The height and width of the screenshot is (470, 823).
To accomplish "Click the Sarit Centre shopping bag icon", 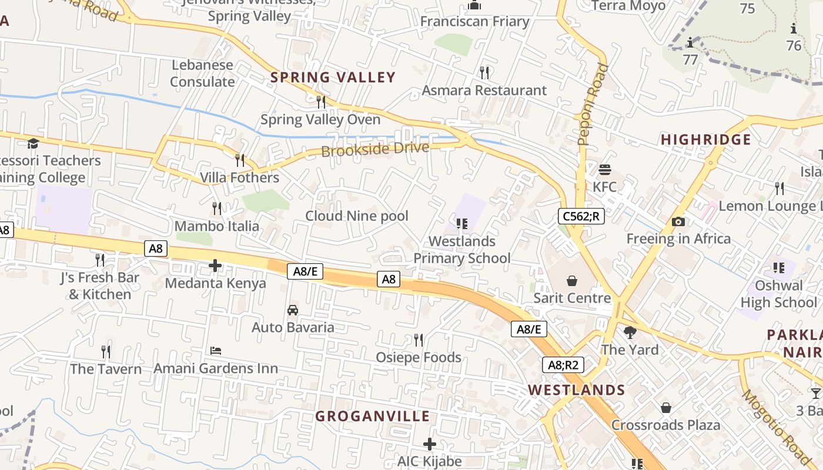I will [571, 281].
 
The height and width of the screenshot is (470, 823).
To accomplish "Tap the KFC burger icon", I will [605, 170].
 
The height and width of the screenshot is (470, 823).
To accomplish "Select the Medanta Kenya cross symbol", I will [215, 266].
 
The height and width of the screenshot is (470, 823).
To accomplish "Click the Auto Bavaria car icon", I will [293, 310].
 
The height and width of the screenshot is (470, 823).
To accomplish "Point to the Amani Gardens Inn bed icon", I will [216, 351].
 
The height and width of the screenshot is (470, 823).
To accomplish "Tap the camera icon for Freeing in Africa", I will [678, 221].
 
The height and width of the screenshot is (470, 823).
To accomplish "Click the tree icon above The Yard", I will [630, 333].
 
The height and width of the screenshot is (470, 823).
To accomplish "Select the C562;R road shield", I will [581, 216].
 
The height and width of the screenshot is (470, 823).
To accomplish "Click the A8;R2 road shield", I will [563, 365].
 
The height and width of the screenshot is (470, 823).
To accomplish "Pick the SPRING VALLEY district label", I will [333, 78].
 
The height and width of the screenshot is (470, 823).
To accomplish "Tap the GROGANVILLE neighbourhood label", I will [373, 417].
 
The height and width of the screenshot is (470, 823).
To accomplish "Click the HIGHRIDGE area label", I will [705, 140].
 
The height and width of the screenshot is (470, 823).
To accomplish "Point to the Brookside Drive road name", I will [375, 149].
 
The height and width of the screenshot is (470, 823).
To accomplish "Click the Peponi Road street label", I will [593, 105].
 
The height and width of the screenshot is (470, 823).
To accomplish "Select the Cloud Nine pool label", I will [356, 216].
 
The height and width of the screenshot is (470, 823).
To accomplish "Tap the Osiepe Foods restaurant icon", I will [419, 340].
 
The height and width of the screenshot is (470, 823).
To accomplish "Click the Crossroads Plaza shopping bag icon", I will [666, 408].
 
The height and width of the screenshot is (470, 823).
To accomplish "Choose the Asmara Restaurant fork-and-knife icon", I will [484, 73].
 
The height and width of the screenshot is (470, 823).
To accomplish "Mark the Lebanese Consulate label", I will [202, 73].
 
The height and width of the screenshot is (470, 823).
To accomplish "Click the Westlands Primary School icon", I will [462, 224].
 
